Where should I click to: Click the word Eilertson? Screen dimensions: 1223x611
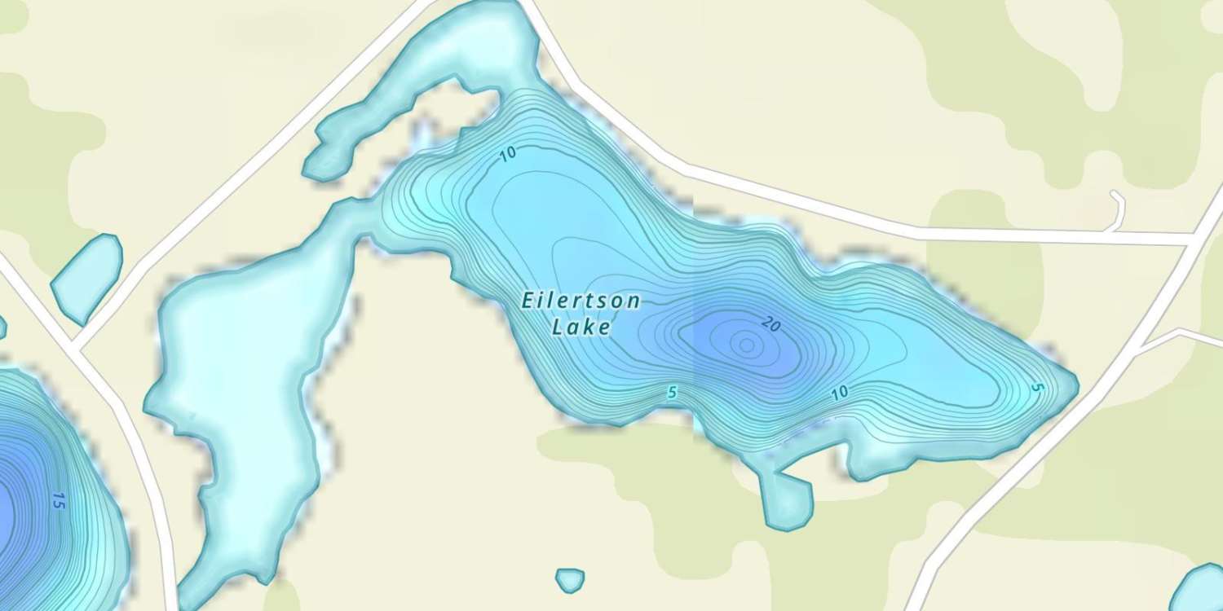coord(581,301)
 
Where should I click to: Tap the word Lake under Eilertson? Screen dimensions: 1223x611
coord(581,327)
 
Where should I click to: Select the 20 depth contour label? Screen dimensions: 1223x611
coord(771,325)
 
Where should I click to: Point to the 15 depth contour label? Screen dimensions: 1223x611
coord(58,500)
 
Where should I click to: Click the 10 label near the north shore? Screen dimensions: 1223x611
coord(508,154)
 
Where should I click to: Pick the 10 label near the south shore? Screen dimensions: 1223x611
coord(840,393)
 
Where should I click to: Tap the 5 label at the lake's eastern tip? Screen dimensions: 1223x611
coord(1036,388)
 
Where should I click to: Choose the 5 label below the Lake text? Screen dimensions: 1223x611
coord(672,393)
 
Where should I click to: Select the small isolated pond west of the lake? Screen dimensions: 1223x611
coord(86,276)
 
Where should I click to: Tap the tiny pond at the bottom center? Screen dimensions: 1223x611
coord(570,579)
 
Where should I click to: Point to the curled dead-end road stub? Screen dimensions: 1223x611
coord(1119,209)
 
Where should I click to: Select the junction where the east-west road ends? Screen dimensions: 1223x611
coord(1195,239)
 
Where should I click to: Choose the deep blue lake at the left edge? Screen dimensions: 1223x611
coord(33,489)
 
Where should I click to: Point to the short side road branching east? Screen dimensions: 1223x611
coord(1182,336)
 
